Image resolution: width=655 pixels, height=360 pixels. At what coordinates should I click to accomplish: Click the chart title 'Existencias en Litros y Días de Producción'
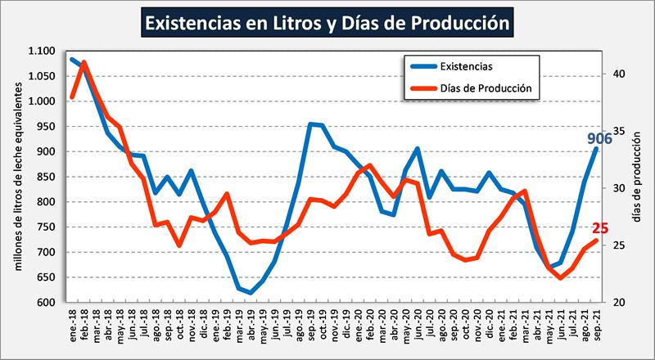click(327, 23)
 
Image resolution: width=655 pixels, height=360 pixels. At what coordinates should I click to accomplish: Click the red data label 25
click(599, 228)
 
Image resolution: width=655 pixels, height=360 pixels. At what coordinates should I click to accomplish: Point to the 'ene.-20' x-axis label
click(357, 323)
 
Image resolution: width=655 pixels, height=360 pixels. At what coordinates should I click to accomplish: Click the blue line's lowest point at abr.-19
click(251, 292)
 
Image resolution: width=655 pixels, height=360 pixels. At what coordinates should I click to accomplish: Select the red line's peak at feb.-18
click(84, 62)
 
